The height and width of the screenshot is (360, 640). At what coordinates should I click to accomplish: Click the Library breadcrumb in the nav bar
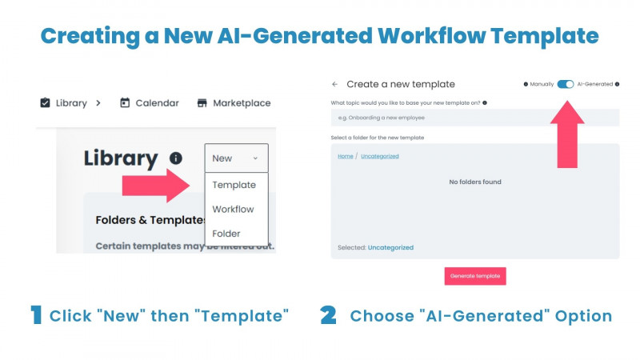coord(63,103)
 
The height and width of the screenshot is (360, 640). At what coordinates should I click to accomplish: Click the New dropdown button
coord(236,158)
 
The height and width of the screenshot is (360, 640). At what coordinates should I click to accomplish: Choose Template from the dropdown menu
coord(234,185)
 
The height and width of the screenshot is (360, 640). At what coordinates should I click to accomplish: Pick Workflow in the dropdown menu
coord(233,210)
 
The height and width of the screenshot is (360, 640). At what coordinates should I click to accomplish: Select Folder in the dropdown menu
coord(226,234)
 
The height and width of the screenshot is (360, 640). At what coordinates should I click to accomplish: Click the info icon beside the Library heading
coord(176,158)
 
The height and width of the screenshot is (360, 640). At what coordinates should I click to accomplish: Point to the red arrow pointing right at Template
coord(156,186)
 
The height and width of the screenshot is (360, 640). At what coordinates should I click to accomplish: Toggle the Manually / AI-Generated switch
coord(566,84)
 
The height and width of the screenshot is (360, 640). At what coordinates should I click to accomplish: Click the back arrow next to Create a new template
coord(334,84)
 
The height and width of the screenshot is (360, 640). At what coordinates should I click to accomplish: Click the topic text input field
coord(474,118)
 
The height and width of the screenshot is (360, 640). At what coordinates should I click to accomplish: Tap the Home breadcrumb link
coord(345,156)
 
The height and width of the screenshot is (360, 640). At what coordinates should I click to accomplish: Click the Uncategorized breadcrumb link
coord(379,156)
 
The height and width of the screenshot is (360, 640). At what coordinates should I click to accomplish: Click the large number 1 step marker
coord(36,314)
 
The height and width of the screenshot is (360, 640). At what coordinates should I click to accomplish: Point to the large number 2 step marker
coord(328,314)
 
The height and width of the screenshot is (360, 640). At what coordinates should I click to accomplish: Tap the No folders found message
coord(475,182)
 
